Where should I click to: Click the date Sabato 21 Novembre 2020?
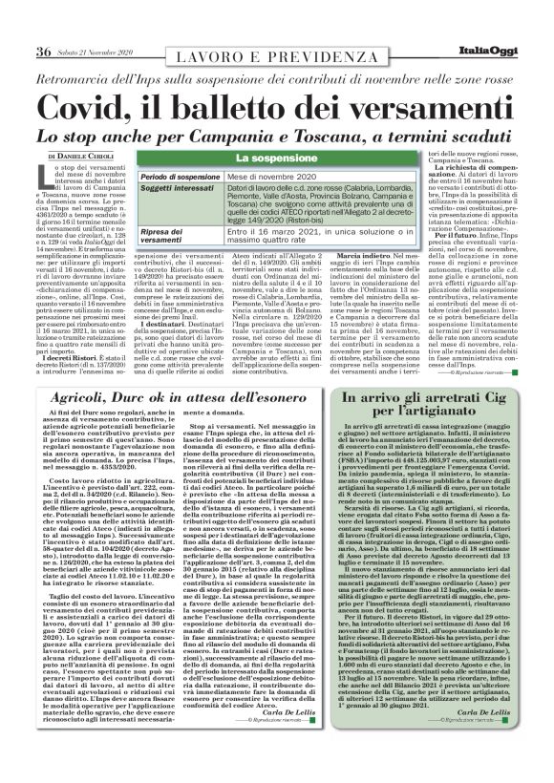[x=96, y=26]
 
